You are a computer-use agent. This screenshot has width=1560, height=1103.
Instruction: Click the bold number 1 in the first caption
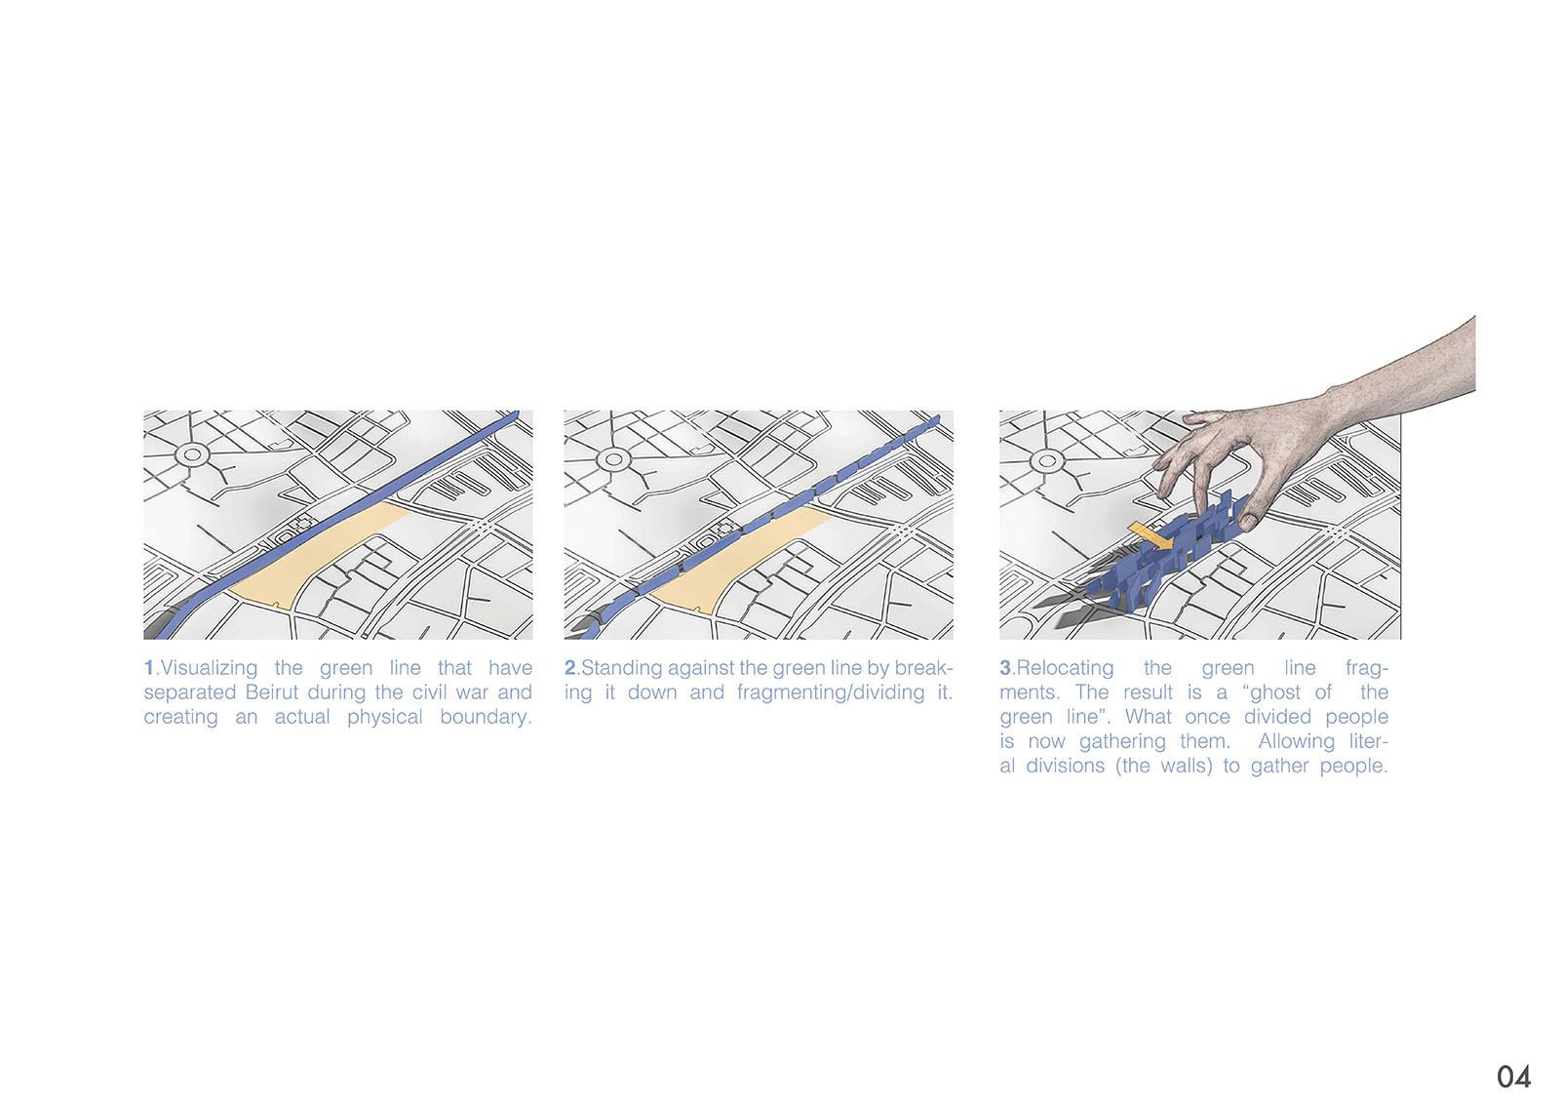(149, 667)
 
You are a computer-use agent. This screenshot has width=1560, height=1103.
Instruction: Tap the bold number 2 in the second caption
(570, 667)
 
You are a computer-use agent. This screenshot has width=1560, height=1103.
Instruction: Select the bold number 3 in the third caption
(1005, 667)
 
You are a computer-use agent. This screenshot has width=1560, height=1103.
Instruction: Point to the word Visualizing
(209, 668)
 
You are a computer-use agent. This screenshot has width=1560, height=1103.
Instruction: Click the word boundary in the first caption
(486, 717)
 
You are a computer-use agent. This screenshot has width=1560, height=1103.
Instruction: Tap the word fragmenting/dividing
(831, 692)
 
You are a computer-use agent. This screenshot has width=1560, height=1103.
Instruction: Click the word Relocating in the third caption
(1065, 668)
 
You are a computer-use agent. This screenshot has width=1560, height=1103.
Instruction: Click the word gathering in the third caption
(1122, 741)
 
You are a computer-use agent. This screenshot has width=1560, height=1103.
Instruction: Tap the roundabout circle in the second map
(613, 460)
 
